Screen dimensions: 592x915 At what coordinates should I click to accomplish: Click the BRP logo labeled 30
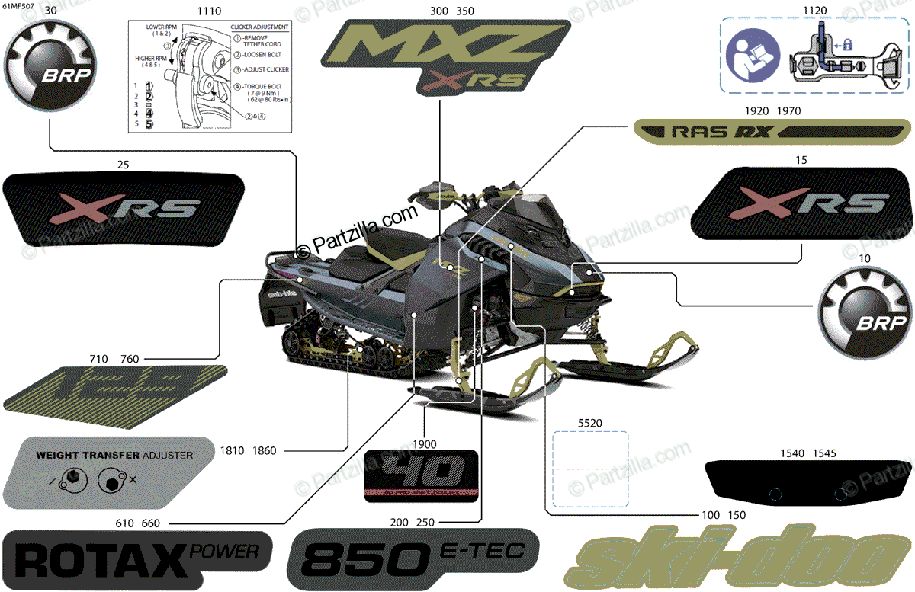(48, 67)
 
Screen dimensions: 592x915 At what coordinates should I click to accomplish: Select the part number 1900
(425, 444)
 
